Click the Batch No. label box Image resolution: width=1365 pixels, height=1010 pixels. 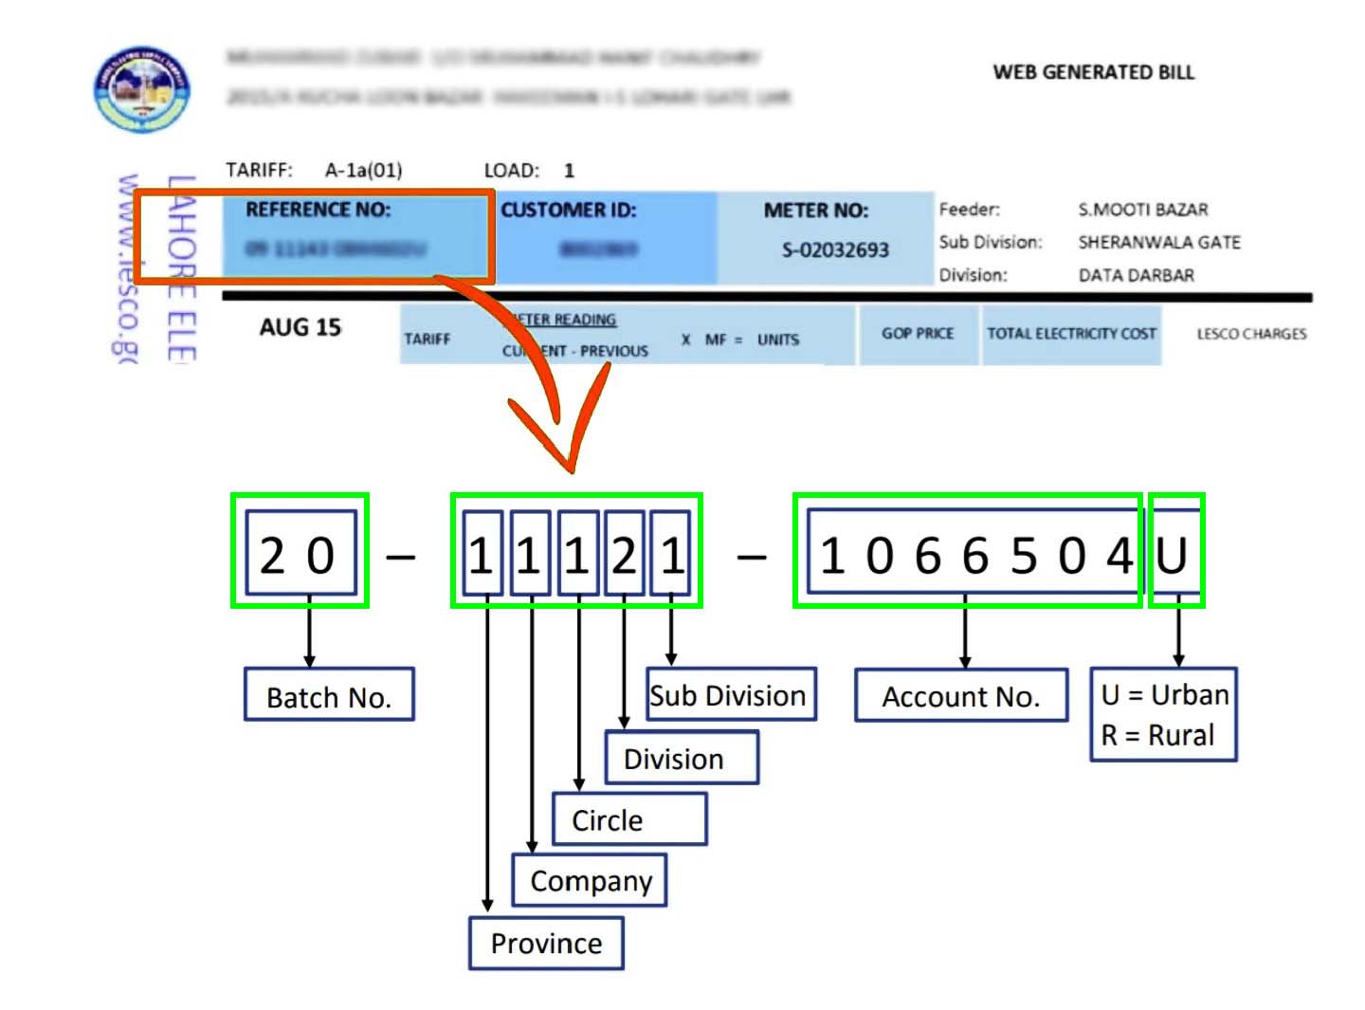tap(329, 695)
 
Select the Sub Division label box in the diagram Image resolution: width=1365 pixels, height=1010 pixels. tap(730, 695)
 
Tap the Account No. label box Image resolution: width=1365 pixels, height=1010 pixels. tap(961, 696)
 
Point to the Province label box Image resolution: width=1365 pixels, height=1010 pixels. tap(546, 944)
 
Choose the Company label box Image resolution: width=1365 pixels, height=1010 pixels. tap(590, 881)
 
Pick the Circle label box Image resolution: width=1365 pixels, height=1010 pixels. tap(628, 819)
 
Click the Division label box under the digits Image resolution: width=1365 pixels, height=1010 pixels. tap(681, 759)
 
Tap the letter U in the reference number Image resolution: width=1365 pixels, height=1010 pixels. tap(1173, 555)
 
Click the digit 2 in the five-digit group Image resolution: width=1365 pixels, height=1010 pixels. tap(624, 555)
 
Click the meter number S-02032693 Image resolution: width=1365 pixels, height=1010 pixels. tap(835, 250)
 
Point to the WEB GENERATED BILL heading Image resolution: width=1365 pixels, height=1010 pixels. tap(1093, 72)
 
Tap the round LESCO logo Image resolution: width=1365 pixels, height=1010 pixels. tap(142, 88)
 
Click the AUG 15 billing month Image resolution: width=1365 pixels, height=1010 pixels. tap(300, 327)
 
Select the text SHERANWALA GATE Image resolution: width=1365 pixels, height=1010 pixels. tap(1158, 242)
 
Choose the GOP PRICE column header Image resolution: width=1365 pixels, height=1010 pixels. tap(917, 334)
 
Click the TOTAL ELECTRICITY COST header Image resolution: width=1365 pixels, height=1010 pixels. tap(1071, 334)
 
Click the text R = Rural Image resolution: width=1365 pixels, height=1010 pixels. tap(1157, 735)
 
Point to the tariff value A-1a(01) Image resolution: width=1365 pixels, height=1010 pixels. tap(363, 171)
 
